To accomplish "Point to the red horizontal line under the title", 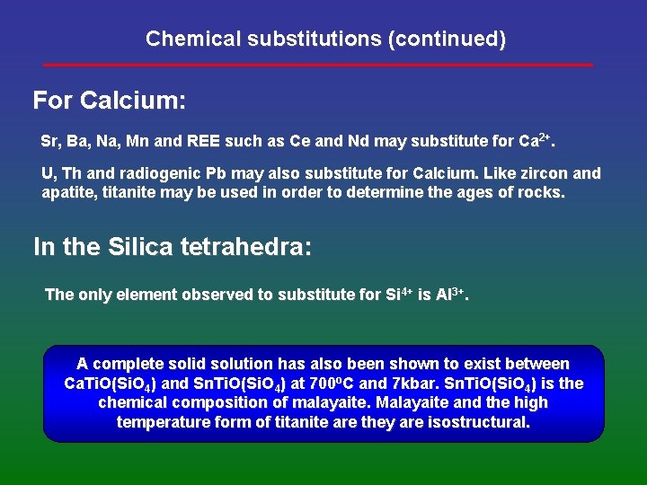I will coord(319,65).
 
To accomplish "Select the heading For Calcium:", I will coord(110,100).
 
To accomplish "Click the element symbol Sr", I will coord(50,142).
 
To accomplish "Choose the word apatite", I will coord(68,192).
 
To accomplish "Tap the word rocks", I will coord(543,192).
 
